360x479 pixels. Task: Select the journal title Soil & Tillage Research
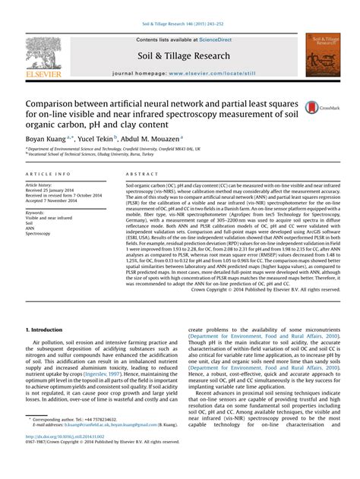click(183, 55)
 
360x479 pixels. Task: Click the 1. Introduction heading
click(49, 331)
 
